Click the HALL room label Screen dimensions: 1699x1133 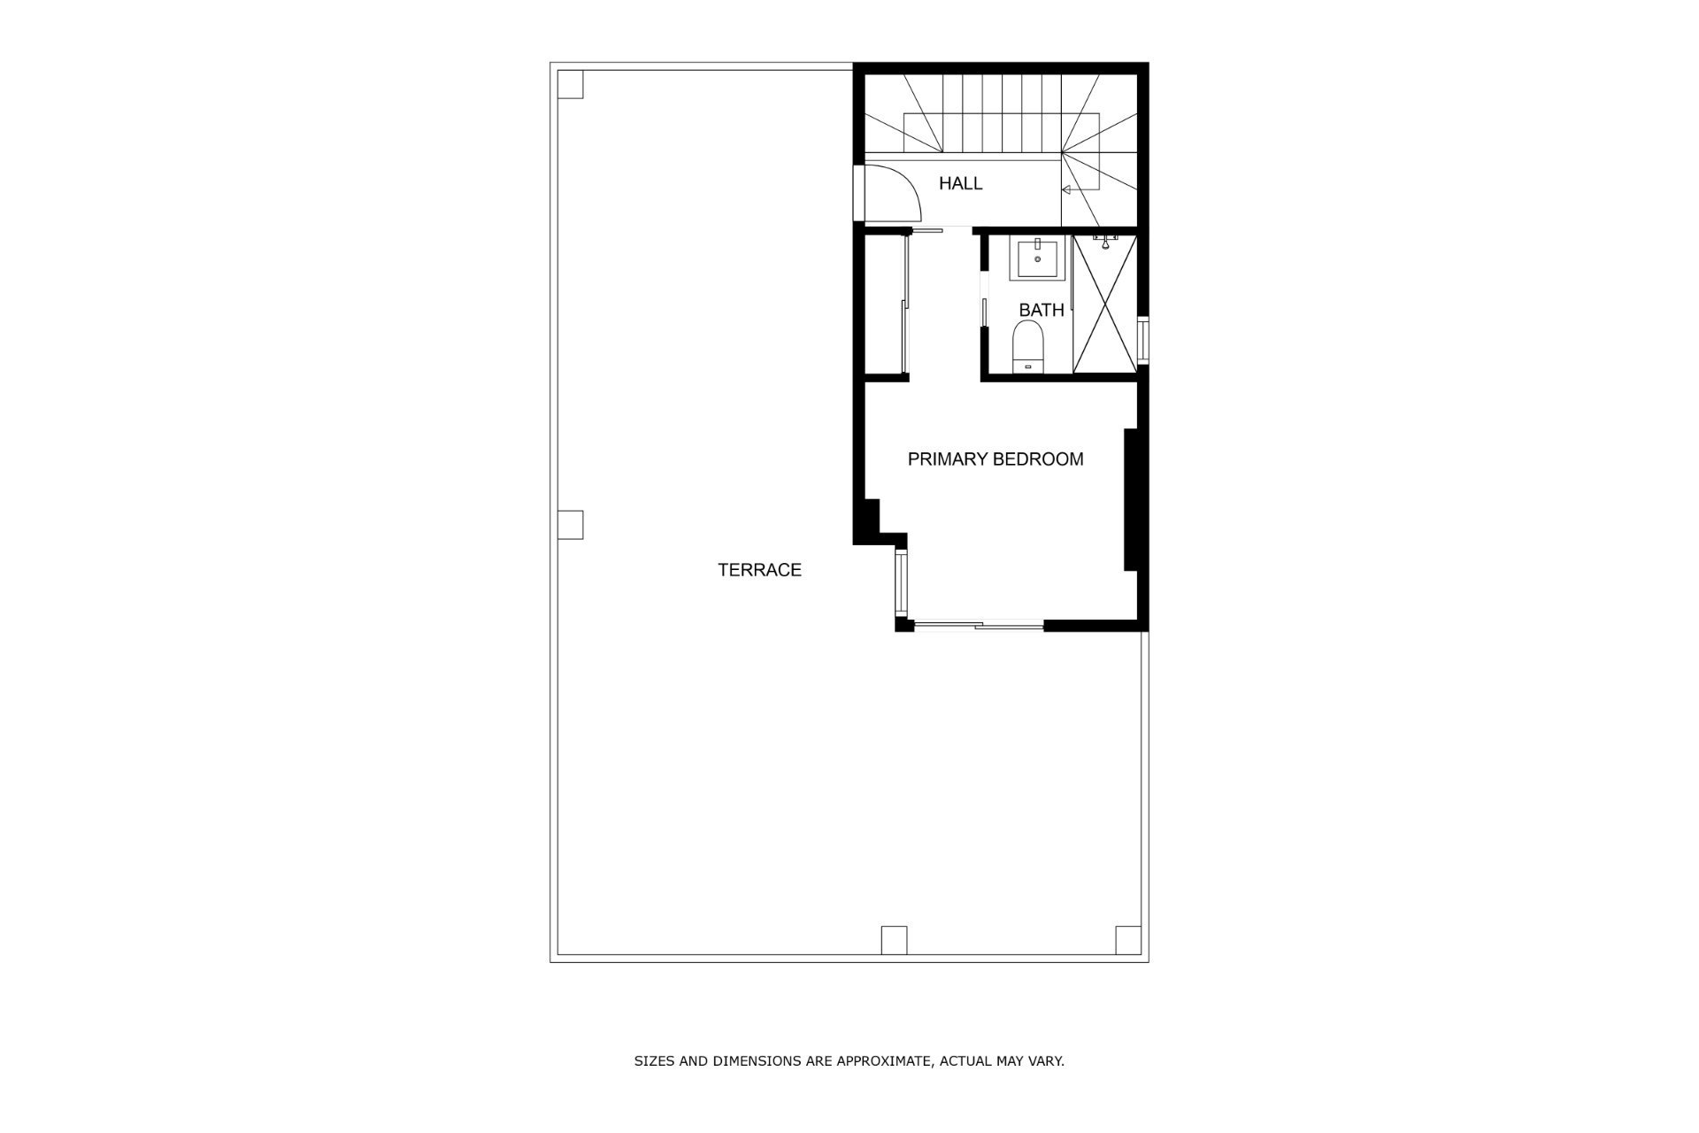tap(960, 183)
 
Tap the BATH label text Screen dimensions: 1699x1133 tap(1042, 310)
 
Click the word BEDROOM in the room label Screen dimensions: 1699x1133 tap(1038, 459)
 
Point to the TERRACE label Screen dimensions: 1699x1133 tap(759, 570)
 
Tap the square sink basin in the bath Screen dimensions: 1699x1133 tap(1037, 258)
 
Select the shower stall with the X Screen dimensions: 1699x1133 tap(1104, 303)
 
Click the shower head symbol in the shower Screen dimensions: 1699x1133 tap(1104, 241)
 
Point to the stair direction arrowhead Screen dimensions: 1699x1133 tap(1066, 189)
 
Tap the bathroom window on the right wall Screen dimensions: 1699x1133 tap(1142, 340)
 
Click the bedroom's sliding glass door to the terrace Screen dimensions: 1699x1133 tap(979, 626)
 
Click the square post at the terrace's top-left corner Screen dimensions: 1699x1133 tap(571, 84)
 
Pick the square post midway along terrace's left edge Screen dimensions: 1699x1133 tap(571, 525)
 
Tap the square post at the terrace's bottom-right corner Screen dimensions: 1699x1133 tap(1128, 939)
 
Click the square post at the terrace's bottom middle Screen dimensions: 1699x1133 tap(894, 939)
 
